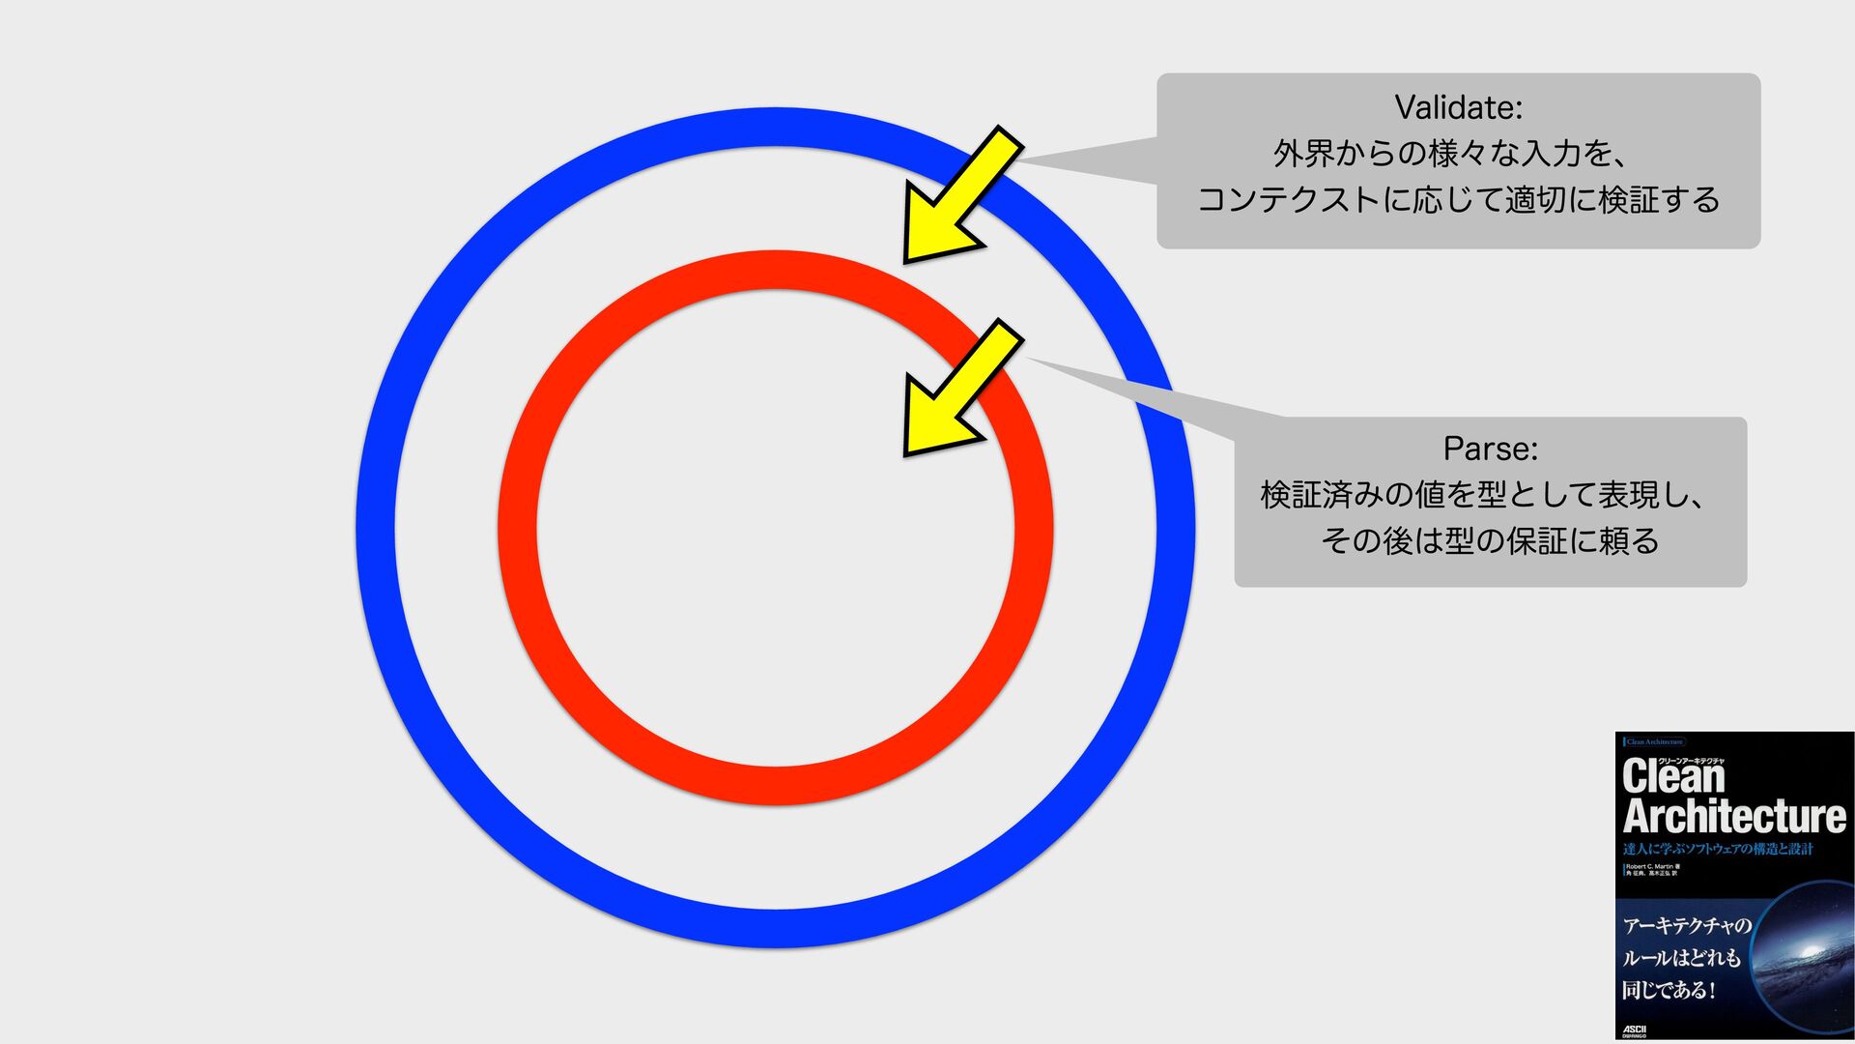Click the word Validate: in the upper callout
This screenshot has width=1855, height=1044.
[1458, 107]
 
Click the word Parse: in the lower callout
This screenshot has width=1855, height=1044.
[1490, 449]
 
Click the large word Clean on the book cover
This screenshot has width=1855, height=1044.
[1673, 777]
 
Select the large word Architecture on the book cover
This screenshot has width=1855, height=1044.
[1734, 817]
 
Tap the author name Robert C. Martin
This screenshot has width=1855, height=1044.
[1648, 866]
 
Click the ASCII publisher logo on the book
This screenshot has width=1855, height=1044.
[1635, 1029]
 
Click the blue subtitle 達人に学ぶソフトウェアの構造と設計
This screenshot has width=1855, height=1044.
[1718, 850]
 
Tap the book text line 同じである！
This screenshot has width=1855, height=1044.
[1669, 991]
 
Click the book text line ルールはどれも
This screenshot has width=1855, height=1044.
[1681, 959]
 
